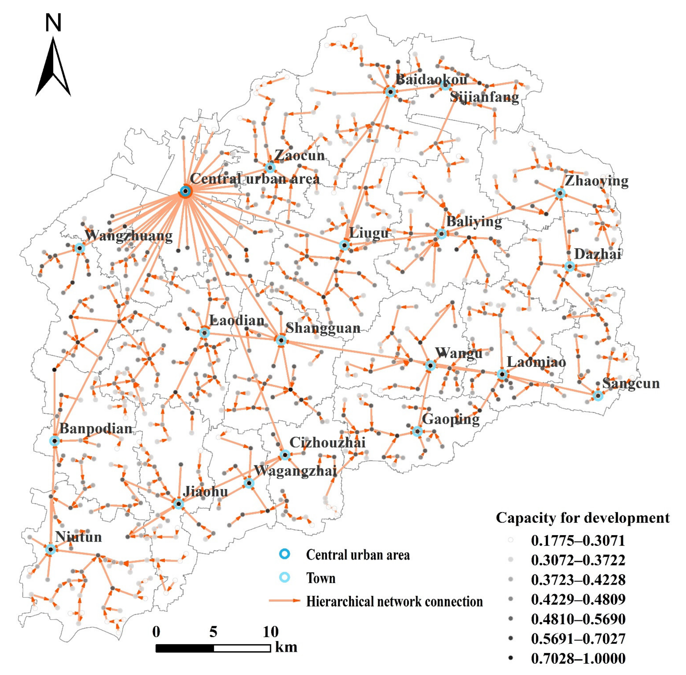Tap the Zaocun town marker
point(270,167)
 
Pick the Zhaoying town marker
point(560,193)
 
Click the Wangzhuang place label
point(128,235)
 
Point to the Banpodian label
point(96,429)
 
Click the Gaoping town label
point(450,419)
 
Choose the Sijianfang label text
point(484,97)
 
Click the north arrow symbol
point(53,67)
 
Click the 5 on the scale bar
point(213,632)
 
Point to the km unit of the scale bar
point(286,647)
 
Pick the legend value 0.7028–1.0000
point(578,659)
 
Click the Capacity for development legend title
point(582,518)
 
